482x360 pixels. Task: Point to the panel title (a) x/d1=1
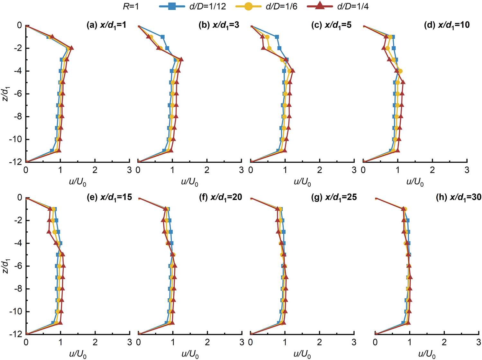click(106, 25)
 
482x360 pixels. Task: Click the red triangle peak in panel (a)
click(71, 48)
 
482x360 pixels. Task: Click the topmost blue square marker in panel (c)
click(277, 37)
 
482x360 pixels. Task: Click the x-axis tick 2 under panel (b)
click(207, 170)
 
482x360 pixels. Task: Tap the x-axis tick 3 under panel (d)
click(467, 170)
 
